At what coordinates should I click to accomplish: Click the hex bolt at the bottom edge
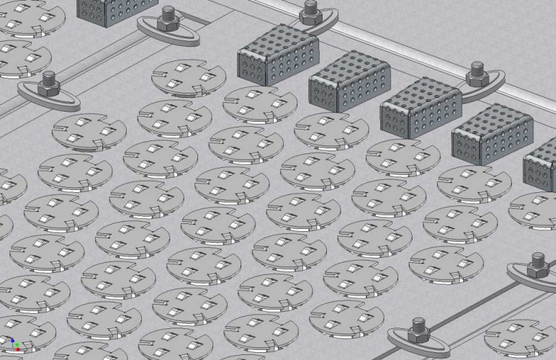pos(418,329)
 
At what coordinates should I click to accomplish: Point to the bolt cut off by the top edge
pos(310,9)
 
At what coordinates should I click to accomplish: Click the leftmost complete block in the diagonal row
pos(277,54)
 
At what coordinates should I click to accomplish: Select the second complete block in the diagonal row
pos(349,80)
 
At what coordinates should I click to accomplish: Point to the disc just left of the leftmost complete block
pos(184,78)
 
